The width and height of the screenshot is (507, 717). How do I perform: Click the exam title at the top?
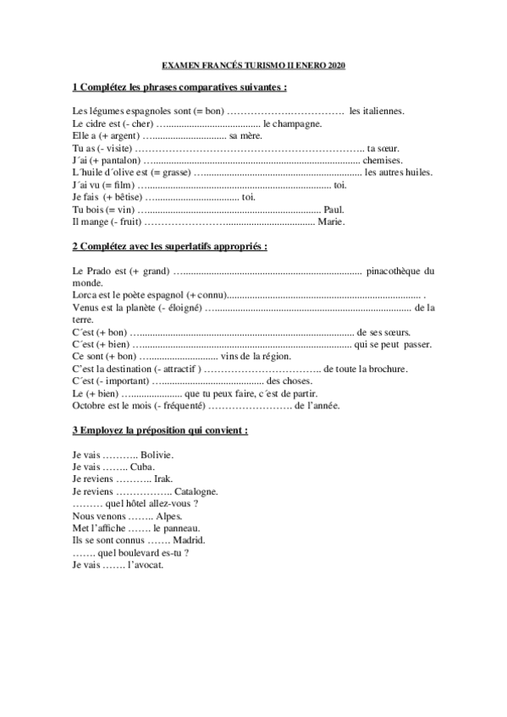pos(253,65)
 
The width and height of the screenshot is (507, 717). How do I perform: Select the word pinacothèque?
pos(395,271)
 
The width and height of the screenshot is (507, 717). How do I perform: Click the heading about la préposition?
pos(160,430)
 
